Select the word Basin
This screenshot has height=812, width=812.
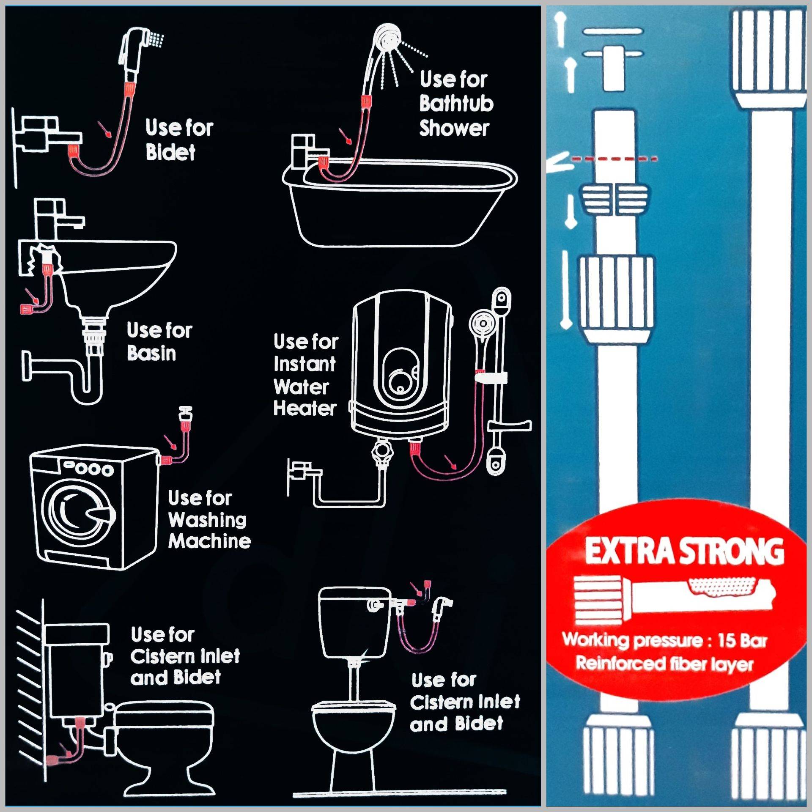coord(151,353)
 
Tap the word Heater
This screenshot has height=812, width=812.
coord(305,409)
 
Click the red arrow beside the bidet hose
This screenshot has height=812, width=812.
coord(104,129)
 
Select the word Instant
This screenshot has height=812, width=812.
coord(304,364)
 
